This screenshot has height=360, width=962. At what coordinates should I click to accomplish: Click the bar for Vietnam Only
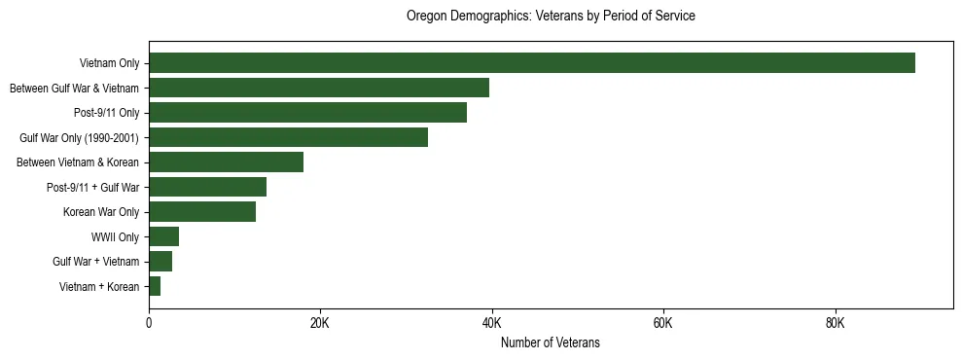531,63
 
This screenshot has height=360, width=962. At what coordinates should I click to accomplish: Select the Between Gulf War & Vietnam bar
319,88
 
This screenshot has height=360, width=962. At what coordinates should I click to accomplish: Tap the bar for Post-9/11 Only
307,113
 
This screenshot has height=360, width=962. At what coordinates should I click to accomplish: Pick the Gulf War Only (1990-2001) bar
288,137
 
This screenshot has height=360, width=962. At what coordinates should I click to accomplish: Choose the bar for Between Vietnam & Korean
226,162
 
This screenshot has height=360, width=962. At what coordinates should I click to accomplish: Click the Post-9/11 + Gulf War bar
207,187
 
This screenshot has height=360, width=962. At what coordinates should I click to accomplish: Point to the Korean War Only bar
202,212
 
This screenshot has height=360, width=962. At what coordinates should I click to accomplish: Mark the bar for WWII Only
163,236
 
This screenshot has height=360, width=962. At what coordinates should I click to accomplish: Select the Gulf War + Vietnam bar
160,262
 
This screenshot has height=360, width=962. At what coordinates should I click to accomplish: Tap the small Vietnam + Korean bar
155,286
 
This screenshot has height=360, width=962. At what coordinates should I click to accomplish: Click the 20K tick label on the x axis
320,323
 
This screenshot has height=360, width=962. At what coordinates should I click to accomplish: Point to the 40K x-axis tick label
491,323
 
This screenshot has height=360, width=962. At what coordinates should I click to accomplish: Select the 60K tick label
662,323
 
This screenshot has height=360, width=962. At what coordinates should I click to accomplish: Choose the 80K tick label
835,323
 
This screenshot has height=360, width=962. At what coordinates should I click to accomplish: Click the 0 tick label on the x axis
149,323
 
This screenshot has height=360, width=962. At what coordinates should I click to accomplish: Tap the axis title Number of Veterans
550,342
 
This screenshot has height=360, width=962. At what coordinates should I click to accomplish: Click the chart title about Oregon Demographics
550,17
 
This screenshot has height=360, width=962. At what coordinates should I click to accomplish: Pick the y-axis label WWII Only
115,236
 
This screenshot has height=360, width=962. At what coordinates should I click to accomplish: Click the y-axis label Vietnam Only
109,63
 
